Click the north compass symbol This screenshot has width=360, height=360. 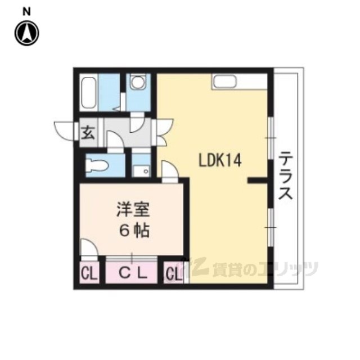pyautogui.click(x=26, y=33)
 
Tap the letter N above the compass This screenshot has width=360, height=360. pyautogui.click(x=26, y=12)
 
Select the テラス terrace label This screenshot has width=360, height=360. pyautogui.click(x=285, y=175)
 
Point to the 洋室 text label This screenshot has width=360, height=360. pyautogui.click(x=133, y=209)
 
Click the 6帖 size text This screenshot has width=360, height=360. pyautogui.click(x=134, y=230)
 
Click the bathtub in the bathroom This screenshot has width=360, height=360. pyautogui.click(x=89, y=92)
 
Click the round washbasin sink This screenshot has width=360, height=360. pyautogui.click(x=138, y=82)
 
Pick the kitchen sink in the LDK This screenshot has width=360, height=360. pyautogui.click(x=224, y=81)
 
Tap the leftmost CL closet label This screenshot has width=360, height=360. pyautogui.click(x=89, y=274)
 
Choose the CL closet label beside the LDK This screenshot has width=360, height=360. pyautogui.click(x=173, y=274)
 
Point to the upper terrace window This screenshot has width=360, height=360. pyautogui.click(x=271, y=138)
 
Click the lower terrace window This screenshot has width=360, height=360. pyautogui.click(x=271, y=227)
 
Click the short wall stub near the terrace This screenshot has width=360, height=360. pyautogui.click(x=258, y=181)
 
